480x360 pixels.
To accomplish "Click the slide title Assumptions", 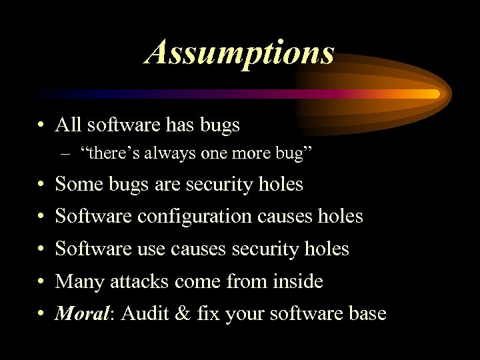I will pos(240,51).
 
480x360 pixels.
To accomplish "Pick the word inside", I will pos(298,281).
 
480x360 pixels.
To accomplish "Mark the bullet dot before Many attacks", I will pos(41,282).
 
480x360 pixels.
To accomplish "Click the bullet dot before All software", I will pos(41,125).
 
